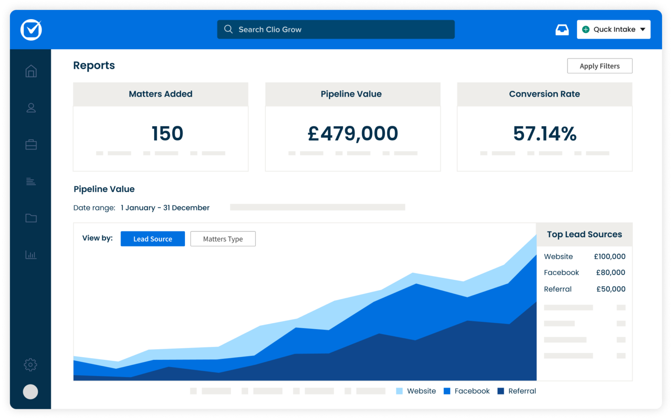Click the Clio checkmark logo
pos(31,30)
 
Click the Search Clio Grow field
pos(336,30)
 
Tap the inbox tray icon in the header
pos(562,30)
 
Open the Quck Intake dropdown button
pos(613,30)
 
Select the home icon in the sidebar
pos(31,71)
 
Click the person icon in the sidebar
pos(31,108)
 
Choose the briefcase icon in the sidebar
pos(31,145)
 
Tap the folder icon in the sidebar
pos(31,218)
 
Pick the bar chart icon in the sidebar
pos(31,255)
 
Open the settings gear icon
pos(30,364)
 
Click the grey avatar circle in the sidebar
pos(30,392)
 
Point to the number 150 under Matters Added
pos(167,133)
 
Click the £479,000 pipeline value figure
pos(353,133)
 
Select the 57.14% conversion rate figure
pos(544,133)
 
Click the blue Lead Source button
pos(153,239)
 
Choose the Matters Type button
pos(223,239)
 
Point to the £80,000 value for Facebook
pos(610,273)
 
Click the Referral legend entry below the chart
pos(517,391)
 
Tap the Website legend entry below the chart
pos(416,391)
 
